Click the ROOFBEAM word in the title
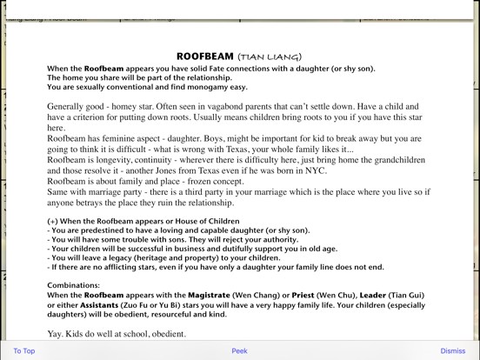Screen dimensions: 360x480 point(204,56)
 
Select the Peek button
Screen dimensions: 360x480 point(239,351)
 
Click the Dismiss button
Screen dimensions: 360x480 point(453,351)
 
